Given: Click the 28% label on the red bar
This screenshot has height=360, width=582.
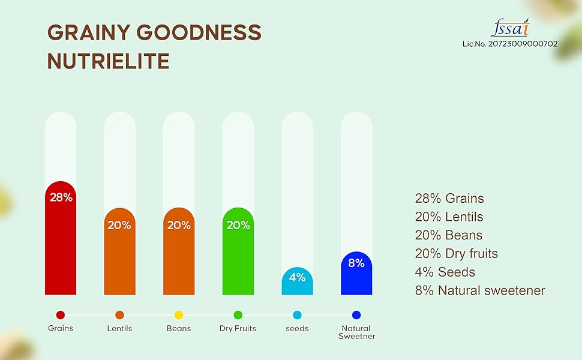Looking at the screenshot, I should click(61, 197).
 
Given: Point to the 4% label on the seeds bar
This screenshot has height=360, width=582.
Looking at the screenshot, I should click(297, 277).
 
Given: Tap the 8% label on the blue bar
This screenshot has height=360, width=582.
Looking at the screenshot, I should click(356, 263).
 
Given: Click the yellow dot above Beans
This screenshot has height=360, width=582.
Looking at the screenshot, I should click(179, 315).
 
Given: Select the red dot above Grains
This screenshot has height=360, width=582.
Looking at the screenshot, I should click(61, 315).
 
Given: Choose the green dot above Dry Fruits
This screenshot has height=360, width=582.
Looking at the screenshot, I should click(238, 315).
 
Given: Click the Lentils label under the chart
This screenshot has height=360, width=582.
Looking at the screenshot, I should click(119, 329).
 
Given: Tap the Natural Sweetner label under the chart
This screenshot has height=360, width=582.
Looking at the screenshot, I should click(356, 332).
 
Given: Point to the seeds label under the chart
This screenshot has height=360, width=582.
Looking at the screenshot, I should click(297, 329).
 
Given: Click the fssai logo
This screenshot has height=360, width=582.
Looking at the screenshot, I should click(510, 28).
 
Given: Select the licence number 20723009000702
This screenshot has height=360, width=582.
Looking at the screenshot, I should click(509, 44).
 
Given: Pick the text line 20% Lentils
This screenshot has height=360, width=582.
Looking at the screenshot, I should click(449, 217).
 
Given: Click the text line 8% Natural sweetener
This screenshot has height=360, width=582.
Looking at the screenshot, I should click(480, 290).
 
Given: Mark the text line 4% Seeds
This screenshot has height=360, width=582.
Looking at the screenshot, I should click(445, 272).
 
